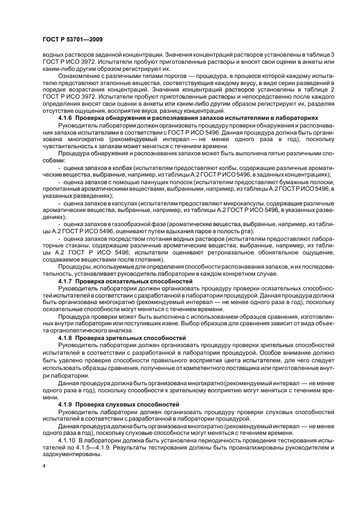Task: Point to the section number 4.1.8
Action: point(66,338)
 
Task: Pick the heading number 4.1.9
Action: point(66,405)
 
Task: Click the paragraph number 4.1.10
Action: point(68,439)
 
